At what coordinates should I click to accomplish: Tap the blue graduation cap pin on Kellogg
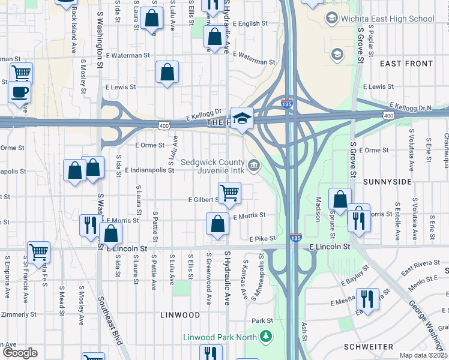click(x=243, y=118)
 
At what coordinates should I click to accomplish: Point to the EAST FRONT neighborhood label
click(x=406, y=64)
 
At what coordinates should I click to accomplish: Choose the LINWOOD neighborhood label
click(x=180, y=315)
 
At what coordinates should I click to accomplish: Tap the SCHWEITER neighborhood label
click(x=369, y=347)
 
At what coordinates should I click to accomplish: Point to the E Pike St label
click(x=262, y=239)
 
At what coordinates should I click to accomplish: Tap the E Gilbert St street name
click(x=204, y=199)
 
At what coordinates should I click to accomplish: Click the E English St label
click(x=249, y=24)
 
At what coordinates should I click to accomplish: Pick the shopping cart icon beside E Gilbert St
click(x=229, y=193)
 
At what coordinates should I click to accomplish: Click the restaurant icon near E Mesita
click(x=367, y=298)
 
